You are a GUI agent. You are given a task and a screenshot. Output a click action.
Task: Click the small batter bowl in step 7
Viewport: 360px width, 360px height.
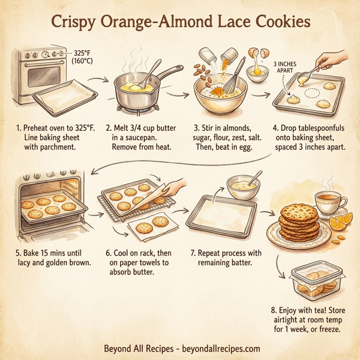click(x=243, y=188)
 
